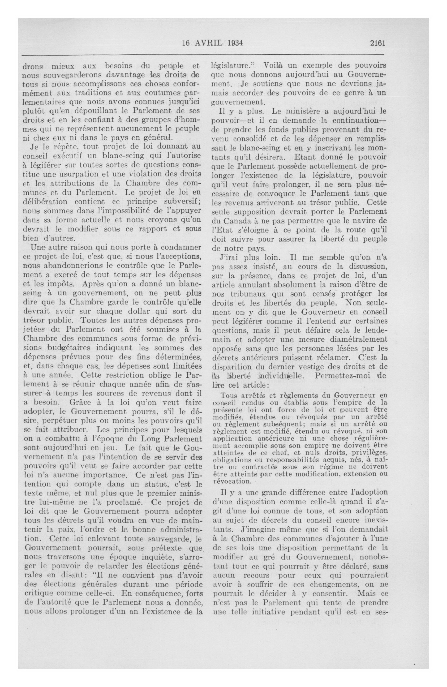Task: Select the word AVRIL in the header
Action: pos(207,43)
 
